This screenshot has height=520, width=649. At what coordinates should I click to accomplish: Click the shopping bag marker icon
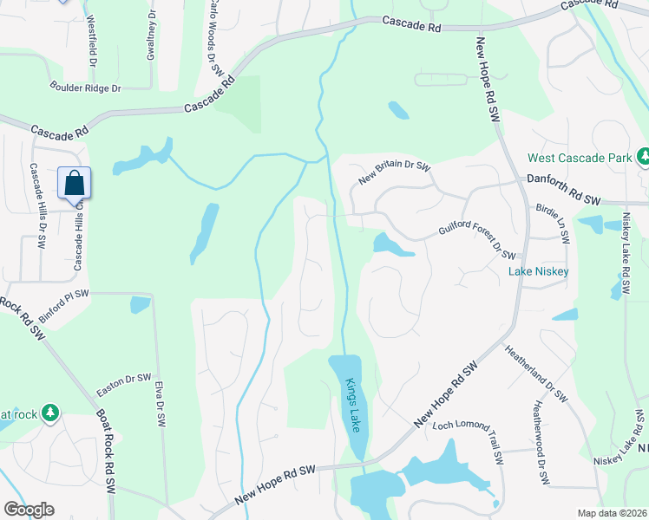click(75, 183)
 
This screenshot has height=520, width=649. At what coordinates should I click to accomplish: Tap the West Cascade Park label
click(580, 159)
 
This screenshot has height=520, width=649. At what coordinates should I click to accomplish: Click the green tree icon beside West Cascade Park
click(644, 156)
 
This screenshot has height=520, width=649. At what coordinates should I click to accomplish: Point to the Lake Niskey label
click(538, 271)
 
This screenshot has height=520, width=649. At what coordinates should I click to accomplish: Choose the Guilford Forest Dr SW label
click(477, 244)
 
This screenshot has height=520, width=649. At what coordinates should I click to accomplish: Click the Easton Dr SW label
click(126, 380)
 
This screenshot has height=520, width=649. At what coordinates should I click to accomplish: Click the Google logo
click(29, 510)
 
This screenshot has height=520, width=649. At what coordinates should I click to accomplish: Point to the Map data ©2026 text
click(612, 513)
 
